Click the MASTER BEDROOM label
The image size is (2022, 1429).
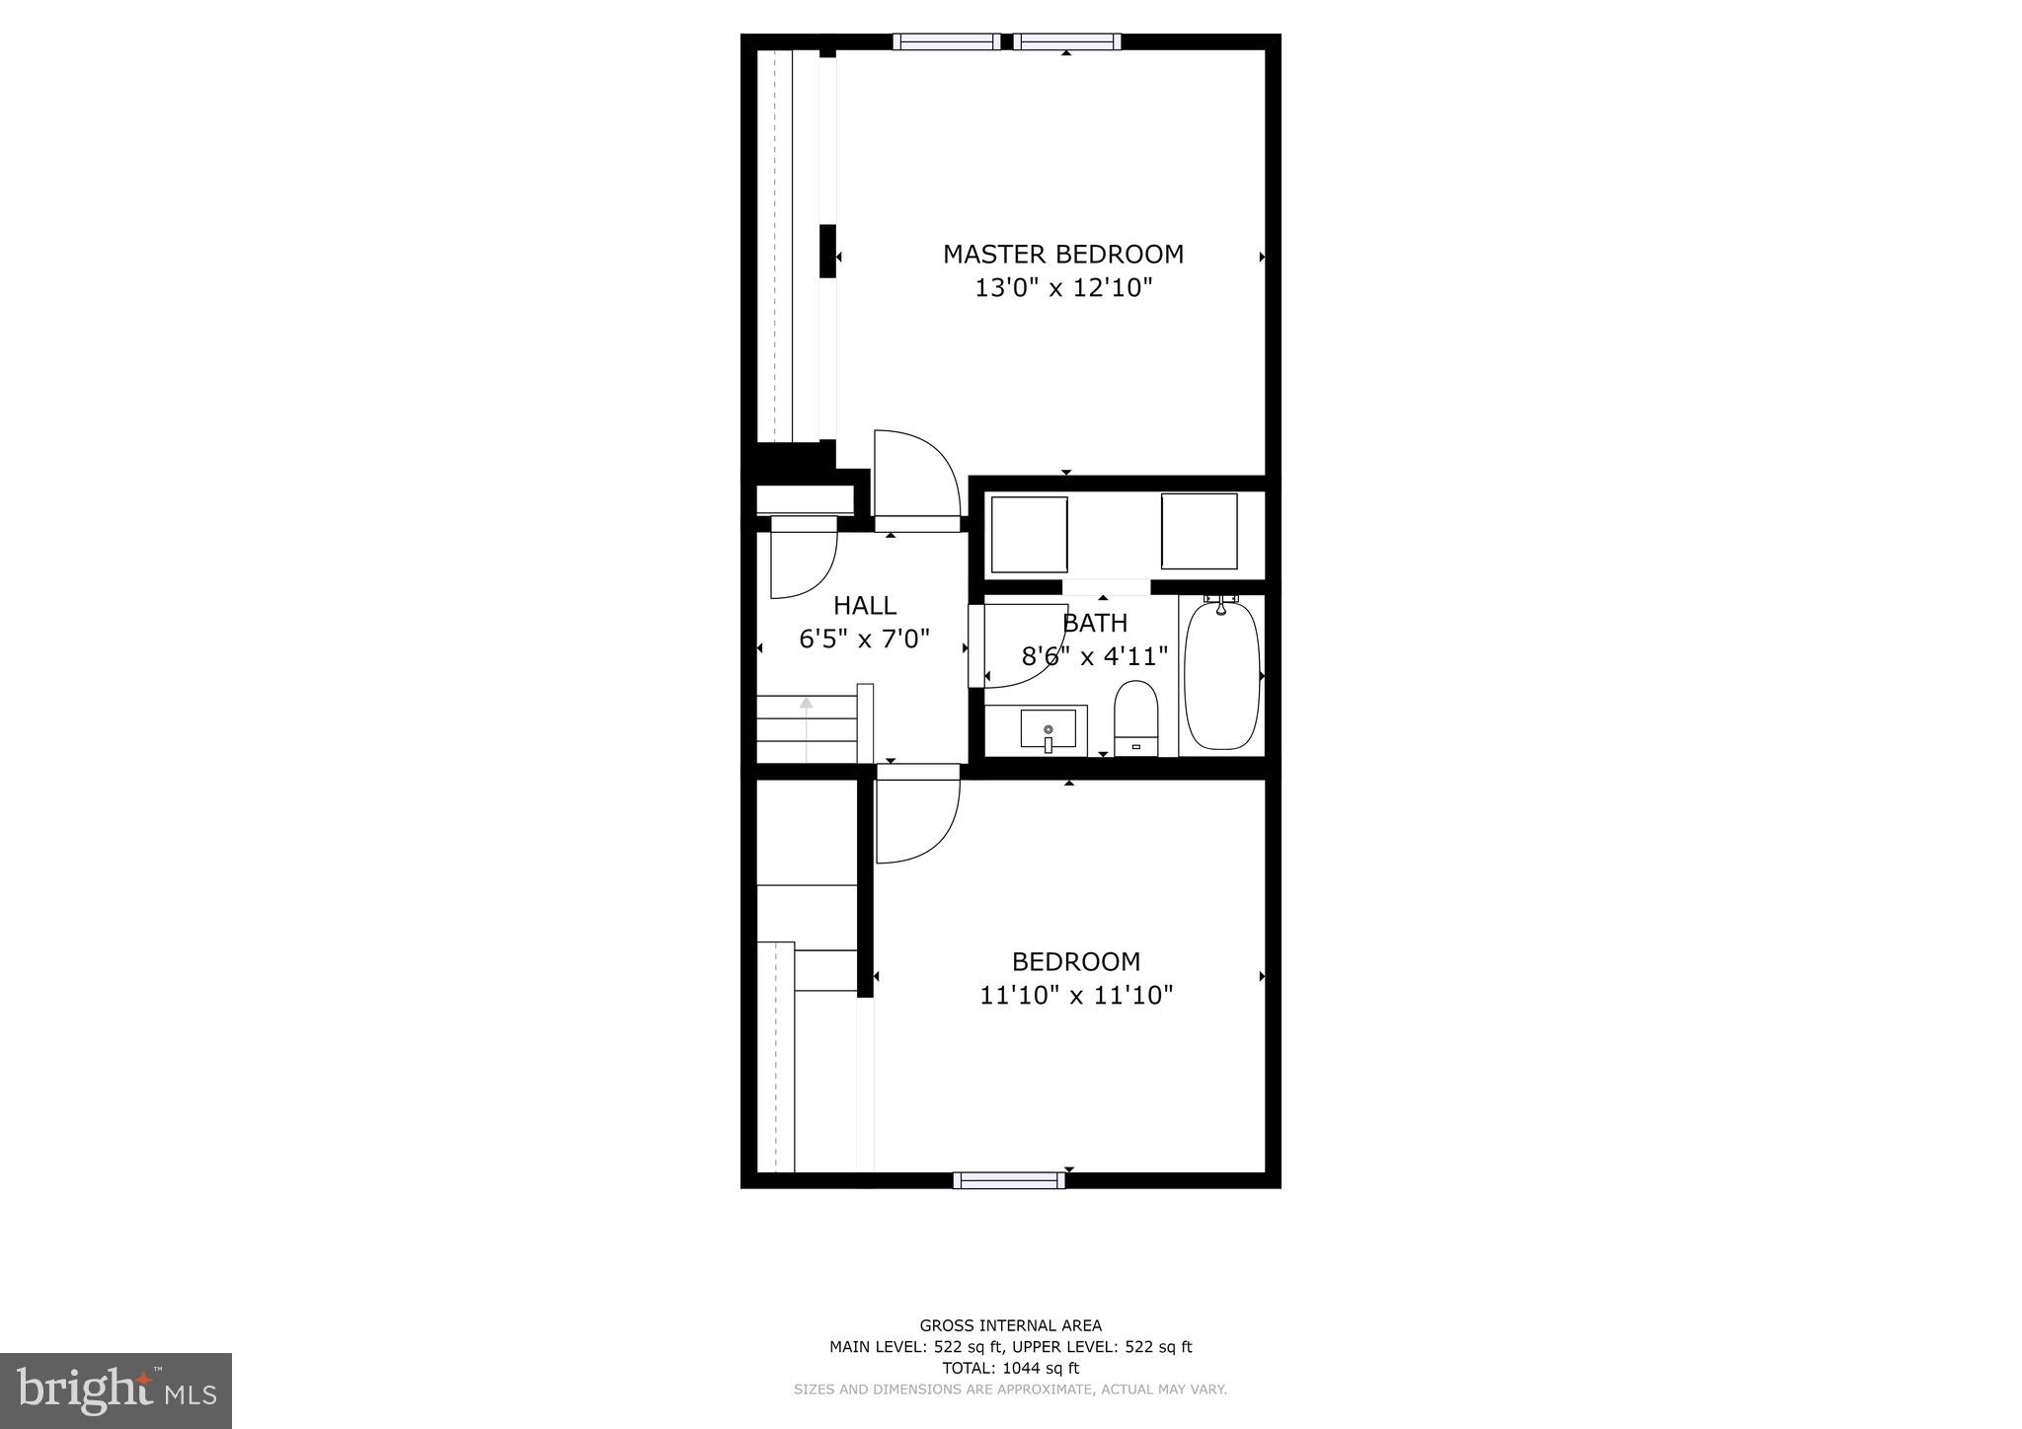tap(1062, 255)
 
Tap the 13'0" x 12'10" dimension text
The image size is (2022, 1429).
tap(1063, 288)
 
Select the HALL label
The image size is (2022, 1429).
tap(864, 606)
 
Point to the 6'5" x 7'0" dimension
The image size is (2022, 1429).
tap(864, 639)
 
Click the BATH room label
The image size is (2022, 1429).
tap(1095, 624)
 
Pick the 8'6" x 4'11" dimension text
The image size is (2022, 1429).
tap(1094, 656)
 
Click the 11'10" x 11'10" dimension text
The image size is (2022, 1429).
tap(1075, 995)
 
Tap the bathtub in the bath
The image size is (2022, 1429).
tap(1221, 676)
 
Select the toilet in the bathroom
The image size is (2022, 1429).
tap(1135, 717)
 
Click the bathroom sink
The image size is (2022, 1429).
tap(1048, 730)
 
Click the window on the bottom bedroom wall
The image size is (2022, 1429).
tap(1009, 1179)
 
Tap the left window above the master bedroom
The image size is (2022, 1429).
tap(946, 41)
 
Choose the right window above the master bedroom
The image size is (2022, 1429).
tap(1066, 41)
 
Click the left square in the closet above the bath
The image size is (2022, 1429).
tap(1029, 533)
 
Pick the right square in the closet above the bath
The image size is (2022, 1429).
tap(1199, 532)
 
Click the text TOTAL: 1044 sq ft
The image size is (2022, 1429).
tap(1011, 1368)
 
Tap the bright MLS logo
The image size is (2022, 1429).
tap(117, 1391)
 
